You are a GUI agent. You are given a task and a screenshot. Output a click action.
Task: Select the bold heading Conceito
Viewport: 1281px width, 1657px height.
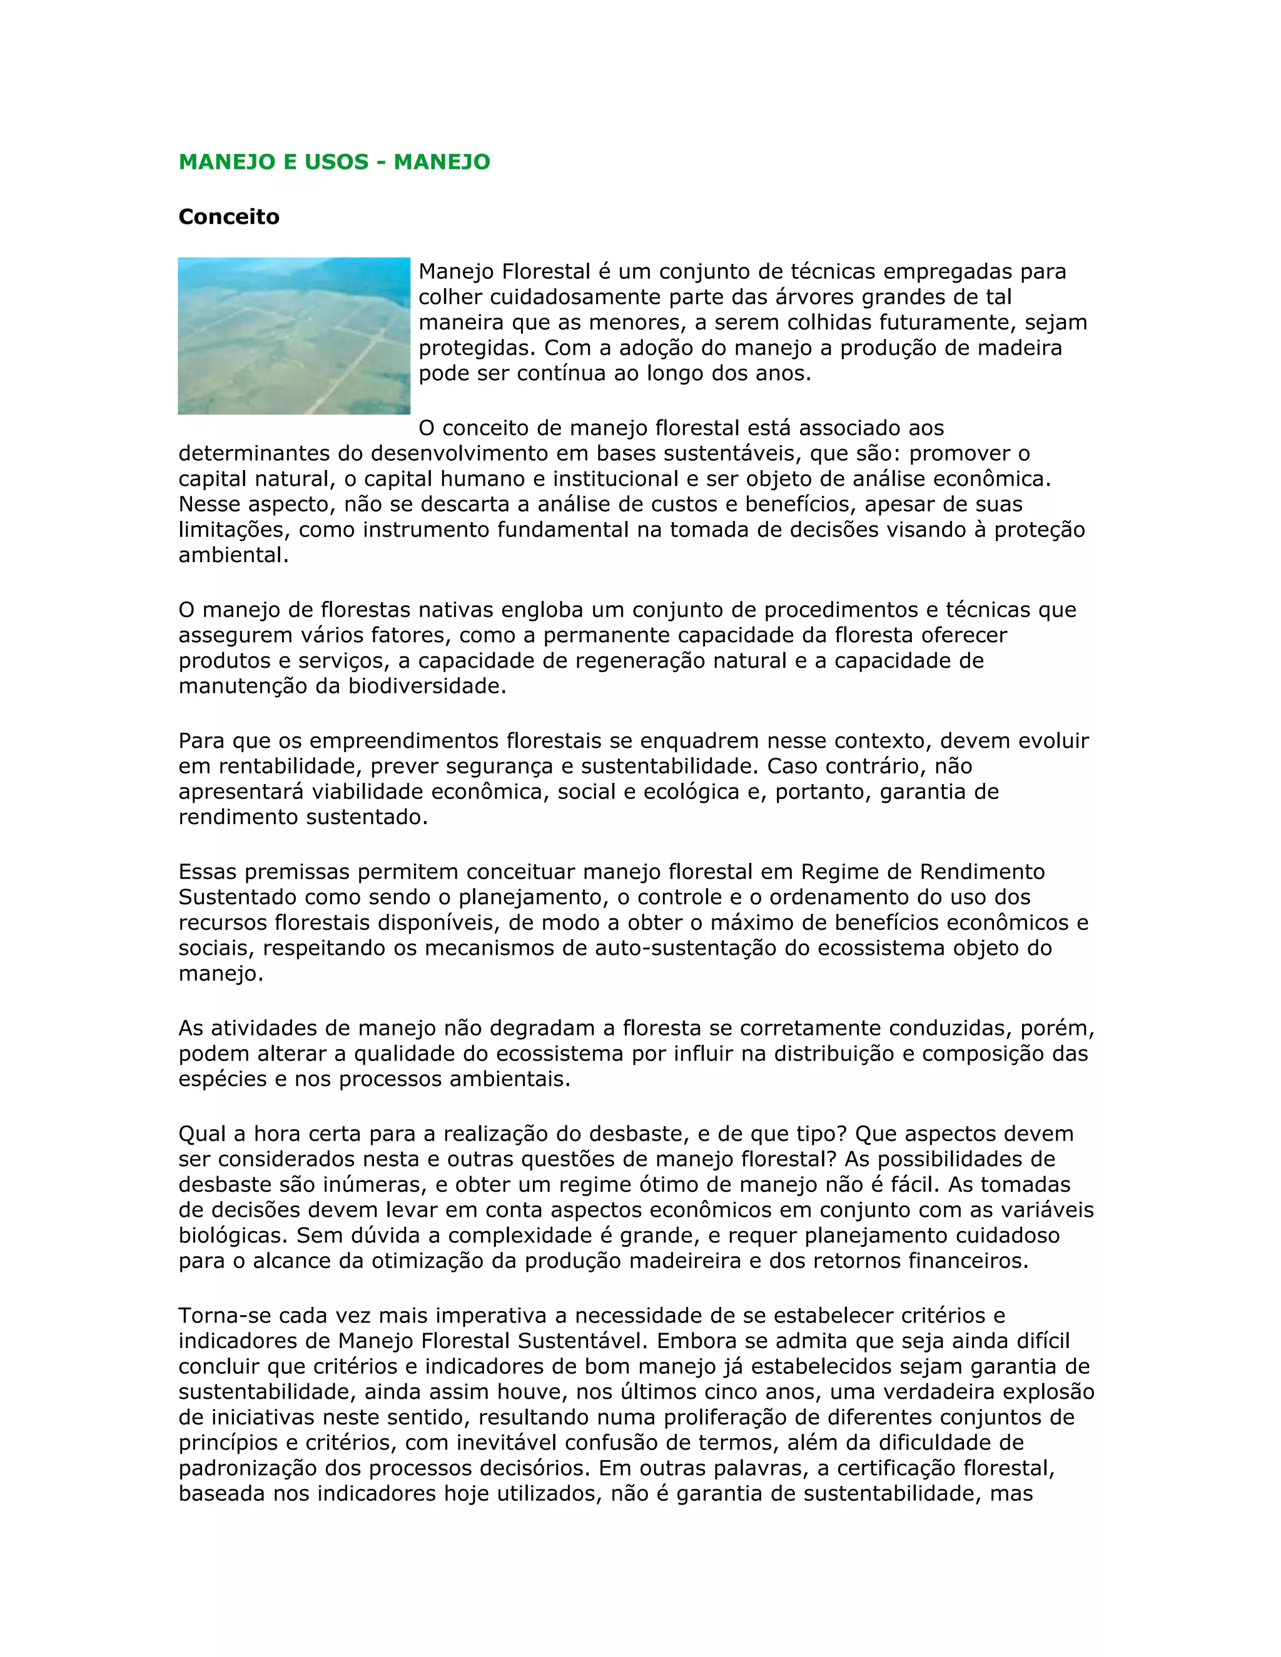click(x=229, y=217)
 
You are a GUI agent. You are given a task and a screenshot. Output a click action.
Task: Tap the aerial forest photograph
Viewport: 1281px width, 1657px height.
click(x=294, y=336)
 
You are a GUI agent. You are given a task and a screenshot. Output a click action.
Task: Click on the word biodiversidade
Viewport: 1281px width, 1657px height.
click(x=427, y=687)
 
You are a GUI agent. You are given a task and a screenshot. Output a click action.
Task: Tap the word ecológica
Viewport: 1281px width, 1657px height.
click(x=691, y=792)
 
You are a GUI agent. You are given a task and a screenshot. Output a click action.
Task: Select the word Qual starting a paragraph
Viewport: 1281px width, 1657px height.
click(x=203, y=1134)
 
